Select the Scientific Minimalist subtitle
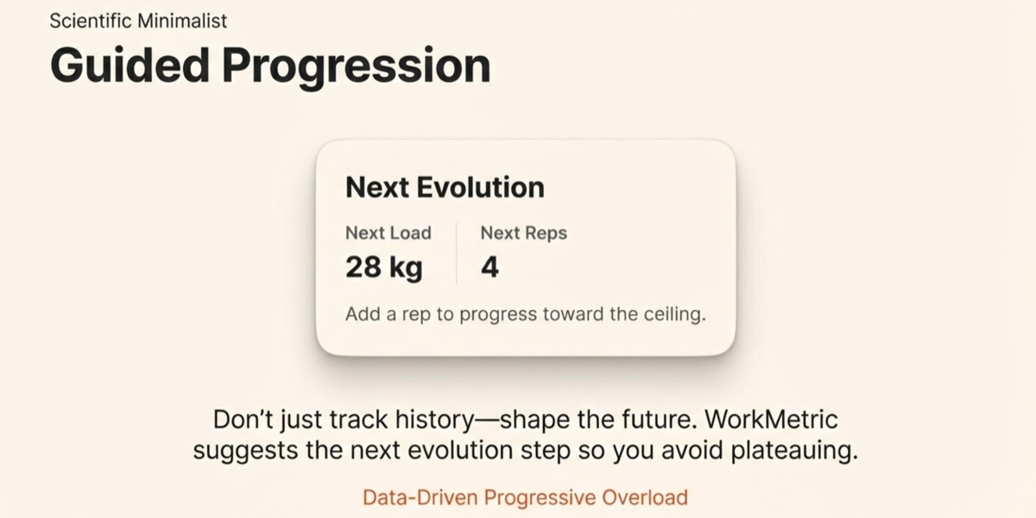139,21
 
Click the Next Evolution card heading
445,187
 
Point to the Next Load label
388,232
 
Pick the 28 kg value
383,268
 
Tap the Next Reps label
523,232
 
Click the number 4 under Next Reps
490,268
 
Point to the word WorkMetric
771,420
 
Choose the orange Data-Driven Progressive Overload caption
525,497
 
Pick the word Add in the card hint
361,313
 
